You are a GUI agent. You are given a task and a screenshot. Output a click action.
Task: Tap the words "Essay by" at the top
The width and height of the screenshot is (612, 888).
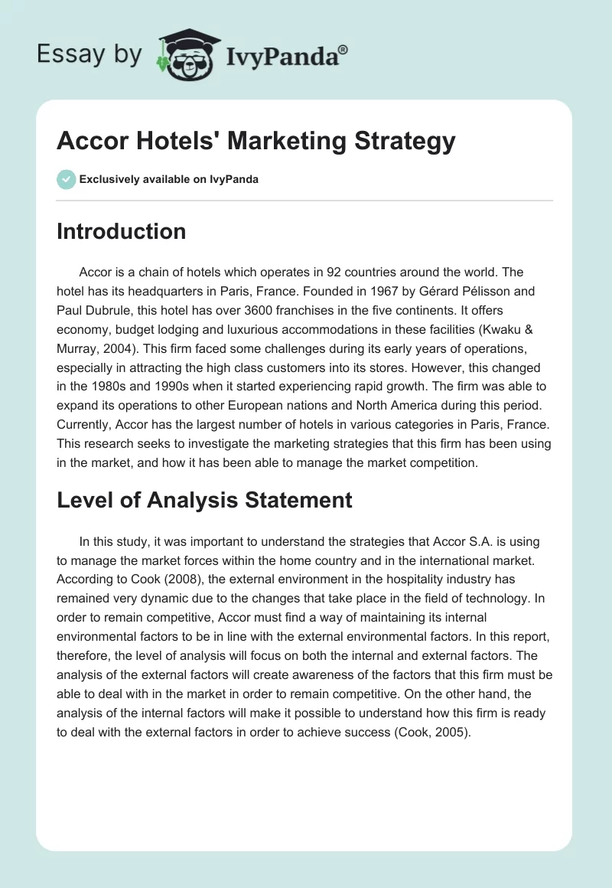click(90, 54)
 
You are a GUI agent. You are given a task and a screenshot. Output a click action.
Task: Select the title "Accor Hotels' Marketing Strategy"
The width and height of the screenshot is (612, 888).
click(256, 141)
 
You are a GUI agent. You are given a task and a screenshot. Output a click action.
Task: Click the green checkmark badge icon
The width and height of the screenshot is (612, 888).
click(66, 179)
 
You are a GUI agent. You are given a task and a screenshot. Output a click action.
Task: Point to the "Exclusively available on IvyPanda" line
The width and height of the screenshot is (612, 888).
click(169, 180)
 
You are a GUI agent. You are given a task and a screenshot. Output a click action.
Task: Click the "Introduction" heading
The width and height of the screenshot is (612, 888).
click(121, 231)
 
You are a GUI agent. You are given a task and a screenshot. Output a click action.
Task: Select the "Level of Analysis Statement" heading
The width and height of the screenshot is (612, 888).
click(204, 500)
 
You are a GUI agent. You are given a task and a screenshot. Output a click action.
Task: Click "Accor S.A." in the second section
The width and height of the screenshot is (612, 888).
click(415, 541)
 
